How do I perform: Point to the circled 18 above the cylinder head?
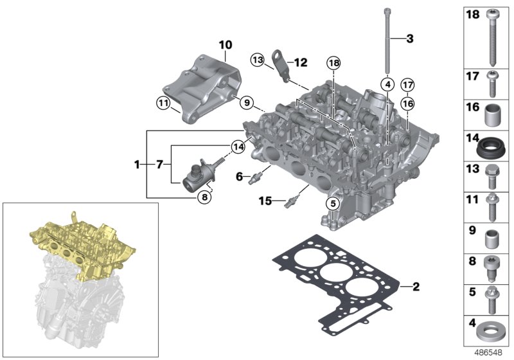click(x=333, y=62)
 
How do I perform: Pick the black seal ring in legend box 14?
click(x=492, y=154)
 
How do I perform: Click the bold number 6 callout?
click(x=239, y=175)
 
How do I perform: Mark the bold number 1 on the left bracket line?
click(x=137, y=165)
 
